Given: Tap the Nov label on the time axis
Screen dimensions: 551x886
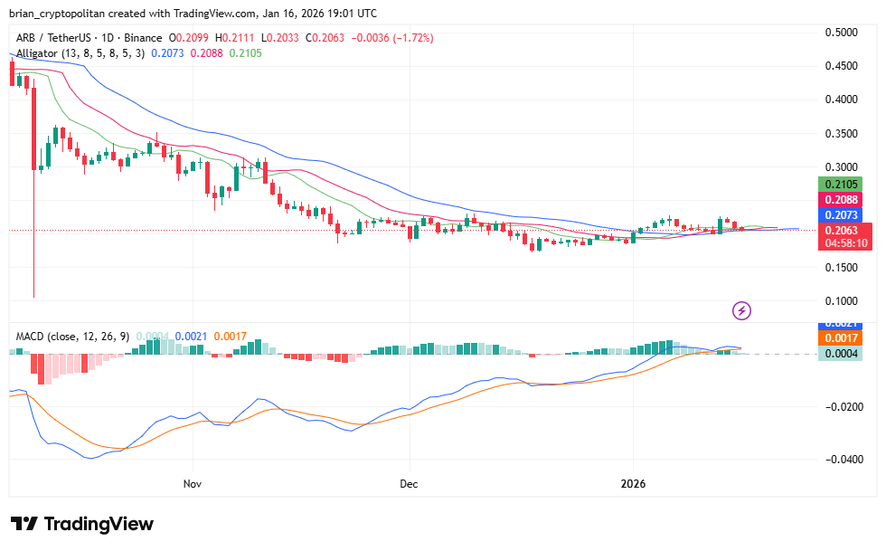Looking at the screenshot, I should (x=192, y=484).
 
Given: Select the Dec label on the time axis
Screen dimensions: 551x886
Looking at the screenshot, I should (x=409, y=484).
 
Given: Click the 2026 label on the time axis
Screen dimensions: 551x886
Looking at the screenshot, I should (x=633, y=484).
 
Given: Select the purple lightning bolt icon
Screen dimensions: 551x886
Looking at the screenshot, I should (x=742, y=311).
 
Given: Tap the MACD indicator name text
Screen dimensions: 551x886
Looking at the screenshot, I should (x=32, y=336).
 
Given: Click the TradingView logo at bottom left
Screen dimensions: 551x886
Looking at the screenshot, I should (x=82, y=524).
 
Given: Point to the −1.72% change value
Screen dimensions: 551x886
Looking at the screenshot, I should (x=411, y=38).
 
